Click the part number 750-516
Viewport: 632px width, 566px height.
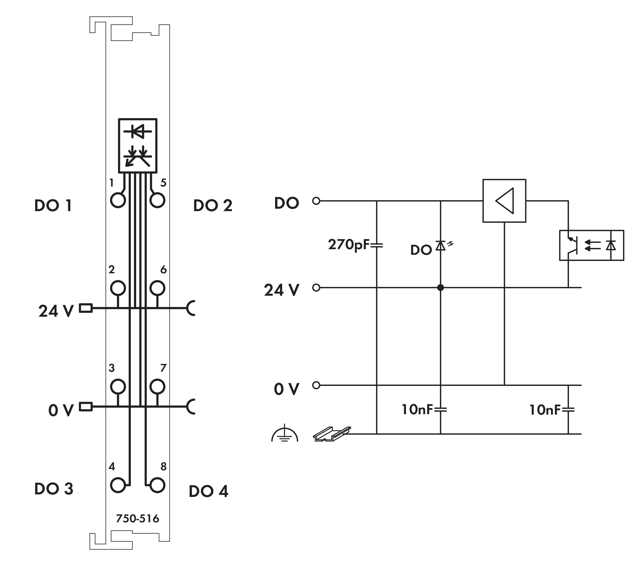(137, 518)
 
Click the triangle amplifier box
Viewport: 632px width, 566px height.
(504, 201)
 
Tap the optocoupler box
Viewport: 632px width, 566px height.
(591, 245)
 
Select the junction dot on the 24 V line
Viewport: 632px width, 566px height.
(440, 288)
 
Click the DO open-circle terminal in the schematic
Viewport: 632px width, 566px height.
(316, 201)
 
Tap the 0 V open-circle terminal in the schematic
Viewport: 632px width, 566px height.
(316, 385)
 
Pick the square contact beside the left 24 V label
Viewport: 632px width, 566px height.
(86, 308)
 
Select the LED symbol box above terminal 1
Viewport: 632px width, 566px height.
(138, 145)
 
